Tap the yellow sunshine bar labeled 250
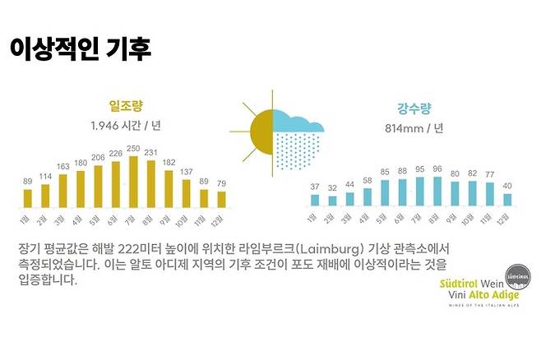(x=132, y=182)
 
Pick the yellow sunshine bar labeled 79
(x=221, y=199)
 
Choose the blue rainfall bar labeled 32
(x=332, y=201)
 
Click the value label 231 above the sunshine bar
(x=150, y=153)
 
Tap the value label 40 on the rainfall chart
(x=507, y=186)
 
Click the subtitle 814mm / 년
(x=414, y=128)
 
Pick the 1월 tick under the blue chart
(x=313, y=218)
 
